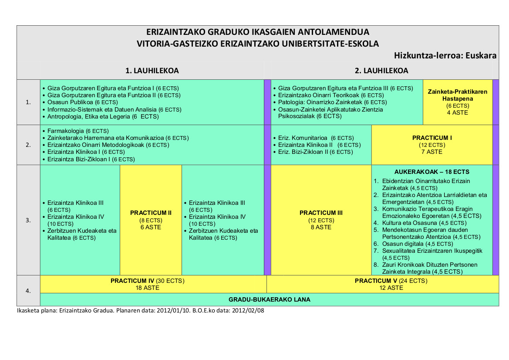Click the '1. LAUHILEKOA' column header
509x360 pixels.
pyautogui.click(x=152, y=71)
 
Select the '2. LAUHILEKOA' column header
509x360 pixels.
pyautogui.click(x=381, y=71)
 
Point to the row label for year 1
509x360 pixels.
pyautogui.click(x=28, y=102)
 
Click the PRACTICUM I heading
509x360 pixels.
pyautogui.click(x=432, y=138)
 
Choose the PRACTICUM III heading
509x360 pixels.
pyautogui.click(x=321, y=213)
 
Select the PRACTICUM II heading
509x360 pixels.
pyautogui.click(x=151, y=213)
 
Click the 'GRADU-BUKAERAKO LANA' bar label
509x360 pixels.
pyautogui.click(x=269, y=299)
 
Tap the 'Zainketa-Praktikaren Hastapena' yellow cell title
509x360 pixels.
pyautogui.click(x=457, y=95)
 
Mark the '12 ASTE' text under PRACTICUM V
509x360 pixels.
pyautogui.click(x=391, y=288)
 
